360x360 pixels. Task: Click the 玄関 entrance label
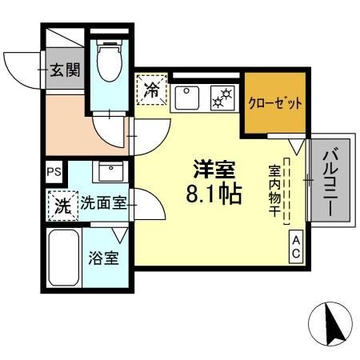point(66,69)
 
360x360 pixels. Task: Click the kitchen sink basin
point(186,97)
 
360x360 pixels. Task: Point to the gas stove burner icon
point(220,98)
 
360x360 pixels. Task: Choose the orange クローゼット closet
point(274,103)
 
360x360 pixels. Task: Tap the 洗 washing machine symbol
point(62,205)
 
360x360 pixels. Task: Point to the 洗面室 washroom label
point(103,203)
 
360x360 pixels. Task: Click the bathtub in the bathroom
point(63,259)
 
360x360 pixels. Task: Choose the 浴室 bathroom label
point(103,259)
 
